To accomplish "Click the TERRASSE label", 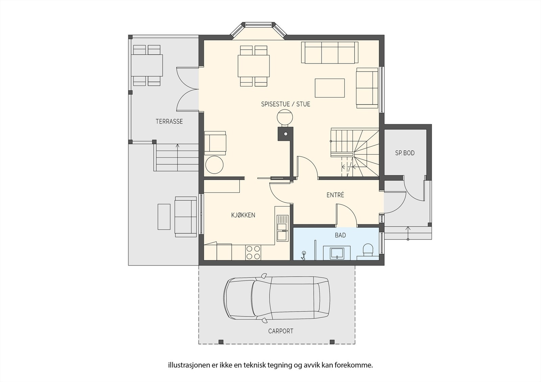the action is [169, 121].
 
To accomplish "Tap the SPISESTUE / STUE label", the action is [286, 104].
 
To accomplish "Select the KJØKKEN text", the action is [243, 215].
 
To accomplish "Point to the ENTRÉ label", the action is [335, 195].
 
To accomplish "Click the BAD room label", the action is [340, 235].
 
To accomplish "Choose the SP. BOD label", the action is [405, 153].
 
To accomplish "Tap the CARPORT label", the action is [281, 331].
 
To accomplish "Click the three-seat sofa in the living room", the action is [330, 53].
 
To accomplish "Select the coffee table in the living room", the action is [330, 88].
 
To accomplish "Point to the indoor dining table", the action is [254, 66].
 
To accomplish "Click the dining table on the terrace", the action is [147, 65].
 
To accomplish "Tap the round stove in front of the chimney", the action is [285, 118].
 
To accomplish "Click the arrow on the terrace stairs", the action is [178, 157].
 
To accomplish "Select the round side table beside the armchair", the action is [214, 165].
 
